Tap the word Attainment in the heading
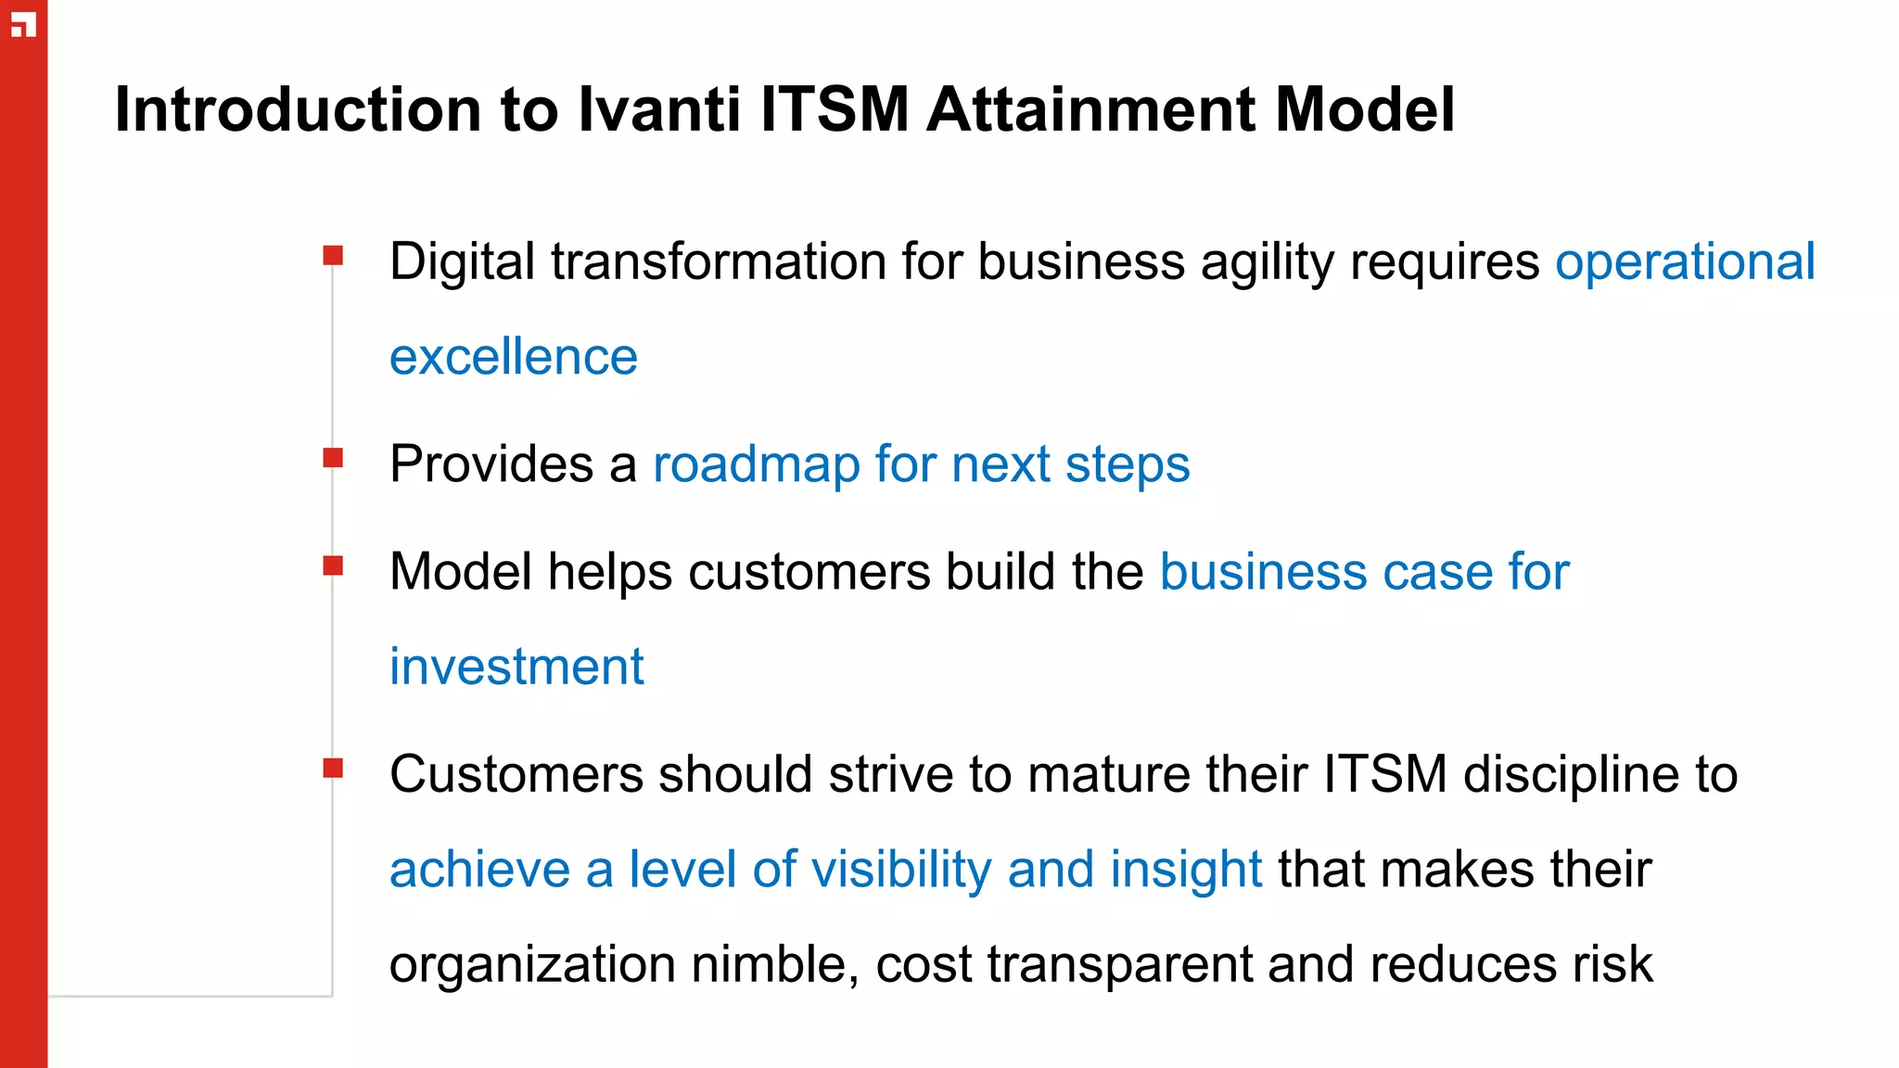click(x=1091, y=110)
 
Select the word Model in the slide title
click(x=1364, y=110)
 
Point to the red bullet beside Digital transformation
click(x=333, y=255)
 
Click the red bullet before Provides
click(x=333, y=457)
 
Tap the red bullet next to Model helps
click(x=333, y=565)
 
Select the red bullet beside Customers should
click(x=333, y=768)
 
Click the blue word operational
click(x=1684, y=262)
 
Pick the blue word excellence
click(x=514, y=357)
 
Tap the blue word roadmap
click(x=757, y=464)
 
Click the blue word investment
click(x=516, y=667)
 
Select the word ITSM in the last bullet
click(x=1384, y=774)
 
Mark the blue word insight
click(x=1186, y=870)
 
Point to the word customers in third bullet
click(x=809, y=572)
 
